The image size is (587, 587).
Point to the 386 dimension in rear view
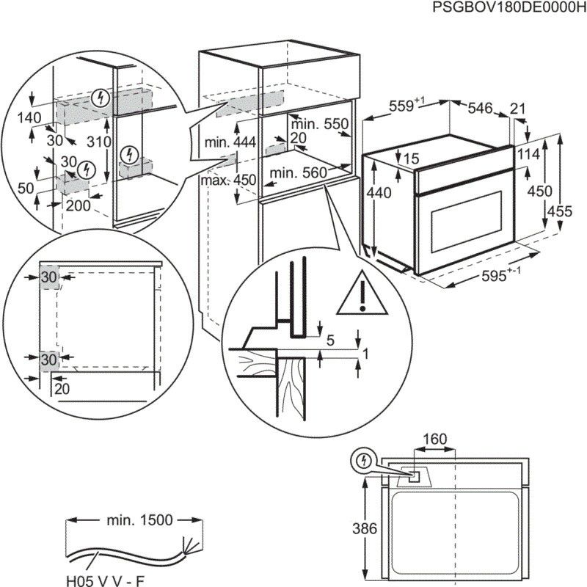[354, 528]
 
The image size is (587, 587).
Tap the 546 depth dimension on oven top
[480, 109]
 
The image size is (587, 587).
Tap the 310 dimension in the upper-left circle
[97, 142]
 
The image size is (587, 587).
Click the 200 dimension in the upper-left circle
[78, 205]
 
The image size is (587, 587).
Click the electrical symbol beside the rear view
[362, 460]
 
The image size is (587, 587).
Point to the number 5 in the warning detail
[329, 340]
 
